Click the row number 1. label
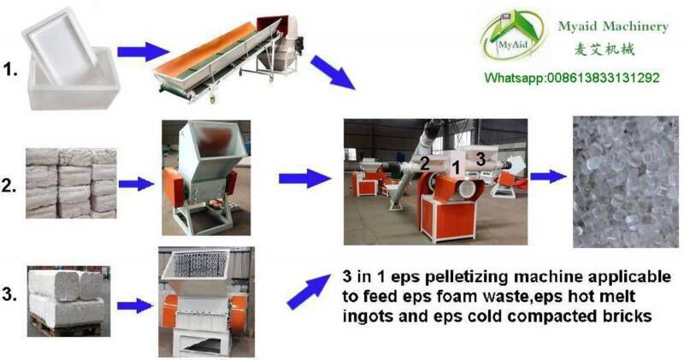(x=10, y=70)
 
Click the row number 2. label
(x=9, y=186)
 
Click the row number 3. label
(x=9, y=294)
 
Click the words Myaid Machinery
(x=613, y=27)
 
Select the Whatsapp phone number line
(x=572, y=78)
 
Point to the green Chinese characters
(x=604, y=49)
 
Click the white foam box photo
(x=71, y=58)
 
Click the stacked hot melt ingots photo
(x=71, y=183)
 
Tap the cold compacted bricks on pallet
(x=68, y=301)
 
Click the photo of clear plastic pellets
(x=626, y=181)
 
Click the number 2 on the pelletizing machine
(x=424, y=163)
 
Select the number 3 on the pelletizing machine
(x=481, y=159)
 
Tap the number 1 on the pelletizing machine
(x=457, y=167)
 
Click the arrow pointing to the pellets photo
(x=548, y=176)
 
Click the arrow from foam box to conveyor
(x=143, y=51)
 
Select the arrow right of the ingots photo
(x=137, y=184)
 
